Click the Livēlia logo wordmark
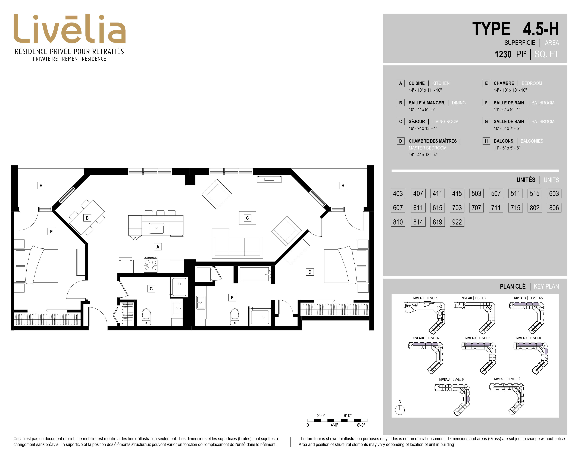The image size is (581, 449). click(x=69, y=29)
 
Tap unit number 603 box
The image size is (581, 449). click(x=554, y=193)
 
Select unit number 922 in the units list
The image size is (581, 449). click(x=457, y=222)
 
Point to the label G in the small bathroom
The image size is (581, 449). click(x=151, y=289)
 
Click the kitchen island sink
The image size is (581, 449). click(x=156, y=229)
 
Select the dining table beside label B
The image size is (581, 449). click(x=87, y=217)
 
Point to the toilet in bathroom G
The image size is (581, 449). click(x=146, y=317)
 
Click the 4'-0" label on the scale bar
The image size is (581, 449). click(x=334, y=425)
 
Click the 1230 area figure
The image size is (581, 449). click(x=503, y=54)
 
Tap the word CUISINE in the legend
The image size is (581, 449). click(x=417, y=83)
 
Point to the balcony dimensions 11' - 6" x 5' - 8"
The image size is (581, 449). click(x=507, y=148)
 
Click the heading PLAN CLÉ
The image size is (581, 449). click(x=513, y=286)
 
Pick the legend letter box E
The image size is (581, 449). click(x=486, y=83)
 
